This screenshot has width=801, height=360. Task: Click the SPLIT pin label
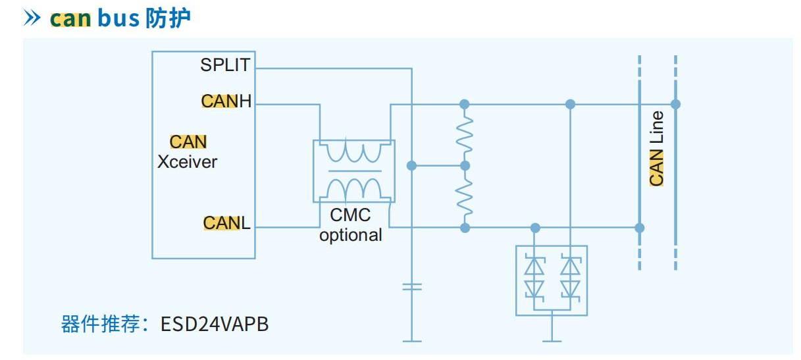(x=225, y=65)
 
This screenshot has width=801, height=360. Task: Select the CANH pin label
(x=226, y=101)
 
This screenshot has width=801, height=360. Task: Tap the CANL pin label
(x=226, y=223)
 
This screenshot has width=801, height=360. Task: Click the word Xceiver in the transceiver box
(x=187, y=162)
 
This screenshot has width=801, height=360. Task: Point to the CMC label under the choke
(x=350, y=215)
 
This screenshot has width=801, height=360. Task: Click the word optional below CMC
(x=350, y=235)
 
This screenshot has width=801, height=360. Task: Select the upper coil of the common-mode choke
(x=354, y=153)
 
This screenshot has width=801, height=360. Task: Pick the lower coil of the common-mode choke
(x=354, y=186)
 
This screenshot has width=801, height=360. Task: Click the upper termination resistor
(x=465, y=134)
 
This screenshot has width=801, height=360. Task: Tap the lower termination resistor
(x=465, y=197)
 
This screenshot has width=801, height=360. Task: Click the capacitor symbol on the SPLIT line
(x=411, y=286)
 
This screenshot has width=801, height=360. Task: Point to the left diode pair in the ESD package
(x=534, y=276)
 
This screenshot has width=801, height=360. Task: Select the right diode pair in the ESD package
(x=570, y=276)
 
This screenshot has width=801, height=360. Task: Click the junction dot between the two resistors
(x=465, y=166)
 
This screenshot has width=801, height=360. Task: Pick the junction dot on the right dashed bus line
(x=675, y=104)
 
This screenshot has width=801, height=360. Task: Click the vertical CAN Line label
(x=656, y=149)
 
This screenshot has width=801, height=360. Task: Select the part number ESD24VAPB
(x=215, y=324)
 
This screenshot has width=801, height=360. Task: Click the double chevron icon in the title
(x=33, y=18)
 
